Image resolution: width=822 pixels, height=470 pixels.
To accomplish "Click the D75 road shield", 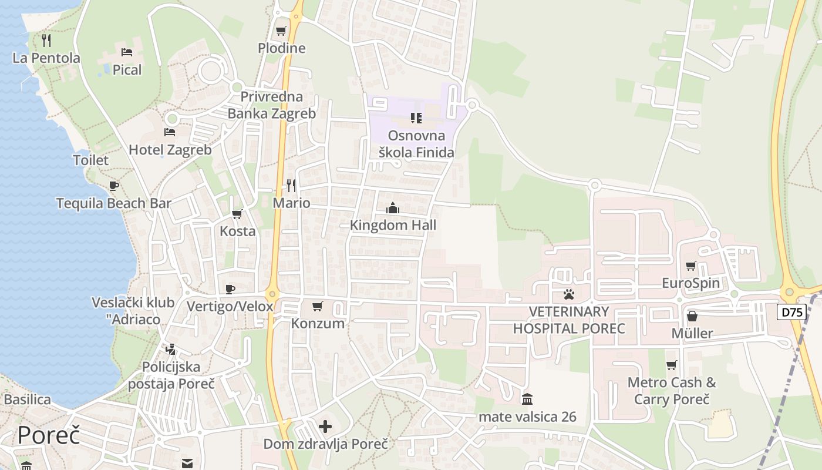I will coord(792,312).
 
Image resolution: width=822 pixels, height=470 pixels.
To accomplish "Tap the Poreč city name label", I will coord(48,435).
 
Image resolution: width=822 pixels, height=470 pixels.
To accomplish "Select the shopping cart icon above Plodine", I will coord(281,31).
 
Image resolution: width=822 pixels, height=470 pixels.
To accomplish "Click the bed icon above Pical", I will coord(127,52).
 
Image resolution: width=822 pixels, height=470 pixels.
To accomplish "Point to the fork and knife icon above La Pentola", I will coord(46,41).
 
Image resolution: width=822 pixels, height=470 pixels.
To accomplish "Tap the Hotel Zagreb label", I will coord(170,150).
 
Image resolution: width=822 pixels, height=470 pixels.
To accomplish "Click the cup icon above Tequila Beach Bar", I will coord(114,186).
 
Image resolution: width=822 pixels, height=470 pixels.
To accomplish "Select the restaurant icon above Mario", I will coord(291,186).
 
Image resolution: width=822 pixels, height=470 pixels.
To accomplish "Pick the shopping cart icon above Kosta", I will coord(237,214).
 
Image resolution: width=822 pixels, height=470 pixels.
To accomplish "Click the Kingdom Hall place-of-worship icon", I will coord(393,208).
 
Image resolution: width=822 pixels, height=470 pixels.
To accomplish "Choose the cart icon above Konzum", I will coord(318,306).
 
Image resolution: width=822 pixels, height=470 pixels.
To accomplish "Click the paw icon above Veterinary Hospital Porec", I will coord(568,294).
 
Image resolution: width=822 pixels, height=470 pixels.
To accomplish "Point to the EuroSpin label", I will coord(690,283).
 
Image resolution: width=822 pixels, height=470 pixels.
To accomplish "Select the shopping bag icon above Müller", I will coord(692,316).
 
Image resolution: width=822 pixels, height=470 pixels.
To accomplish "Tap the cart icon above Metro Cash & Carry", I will coord(671,365).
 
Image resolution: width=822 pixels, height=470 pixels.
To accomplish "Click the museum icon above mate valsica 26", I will coord(527,399).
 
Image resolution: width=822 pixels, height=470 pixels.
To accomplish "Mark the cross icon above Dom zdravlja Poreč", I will coord(325,427).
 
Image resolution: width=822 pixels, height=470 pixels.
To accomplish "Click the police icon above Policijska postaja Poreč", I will coord(171,350).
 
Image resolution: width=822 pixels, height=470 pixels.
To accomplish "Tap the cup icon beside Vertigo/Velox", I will coord(230,289).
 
